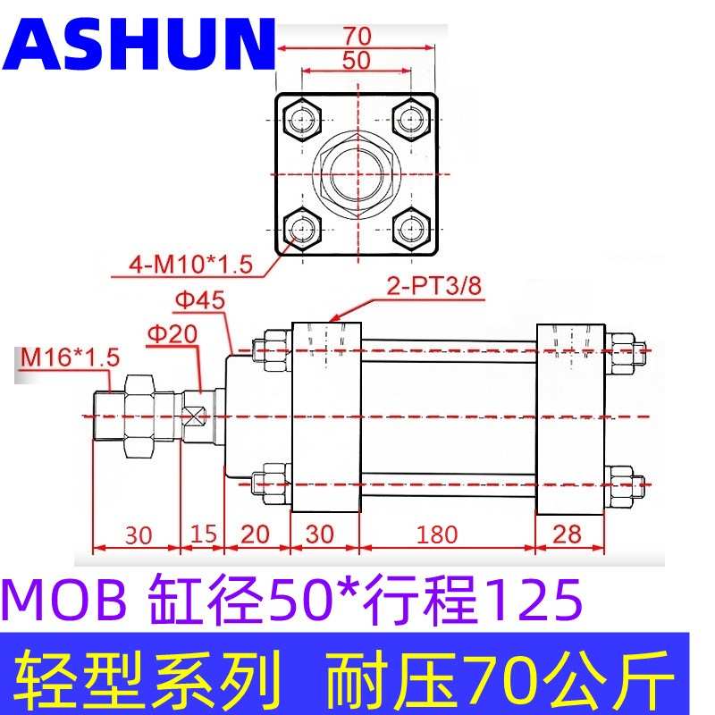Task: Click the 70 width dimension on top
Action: coord(356,37)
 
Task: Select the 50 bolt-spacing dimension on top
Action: coord(356,62)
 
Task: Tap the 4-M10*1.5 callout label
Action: coord(190,265)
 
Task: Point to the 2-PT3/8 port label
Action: coord(421,289)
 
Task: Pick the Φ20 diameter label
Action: coord(170,333)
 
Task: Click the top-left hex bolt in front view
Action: coord(303,118)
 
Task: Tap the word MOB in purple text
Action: coord(65,601)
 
